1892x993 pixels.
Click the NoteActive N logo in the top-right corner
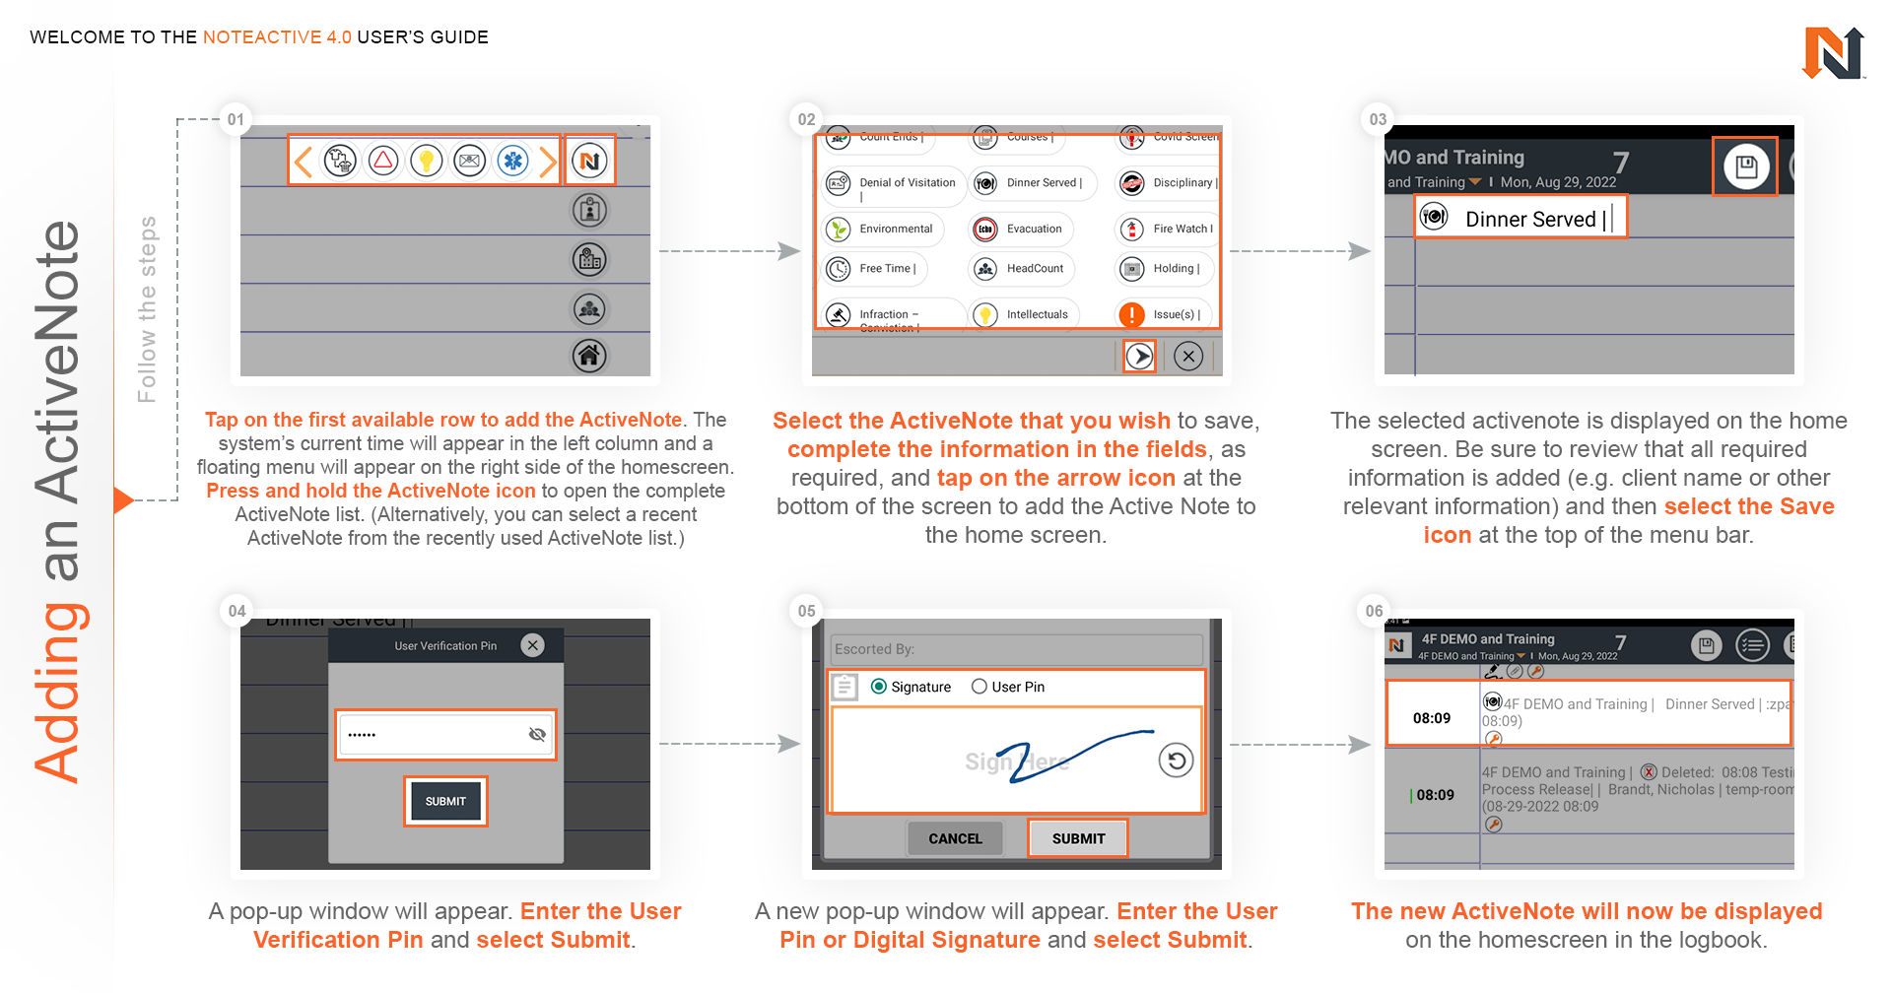(1833, 53)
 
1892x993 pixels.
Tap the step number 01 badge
(236, 119)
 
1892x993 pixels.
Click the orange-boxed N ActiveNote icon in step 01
(589, 161)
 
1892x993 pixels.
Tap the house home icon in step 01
(589, 355)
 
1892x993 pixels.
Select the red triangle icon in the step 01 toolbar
(383, 161)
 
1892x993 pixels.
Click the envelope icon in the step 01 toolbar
(470, 161)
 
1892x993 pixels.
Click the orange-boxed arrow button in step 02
(1139, 356)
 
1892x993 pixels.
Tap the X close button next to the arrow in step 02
(1188, 356)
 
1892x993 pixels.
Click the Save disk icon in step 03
(1745, 166)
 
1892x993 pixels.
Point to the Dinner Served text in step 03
(1529, 219)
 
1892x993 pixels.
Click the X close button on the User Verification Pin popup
(533, 645)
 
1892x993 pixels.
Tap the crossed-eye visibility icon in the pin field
(537, 734)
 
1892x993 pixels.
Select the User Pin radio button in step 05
(980, 687)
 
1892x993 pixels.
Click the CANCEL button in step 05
(955, 838)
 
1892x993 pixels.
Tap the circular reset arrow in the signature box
(1176, 761)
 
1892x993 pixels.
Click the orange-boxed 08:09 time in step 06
(1432, 718)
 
